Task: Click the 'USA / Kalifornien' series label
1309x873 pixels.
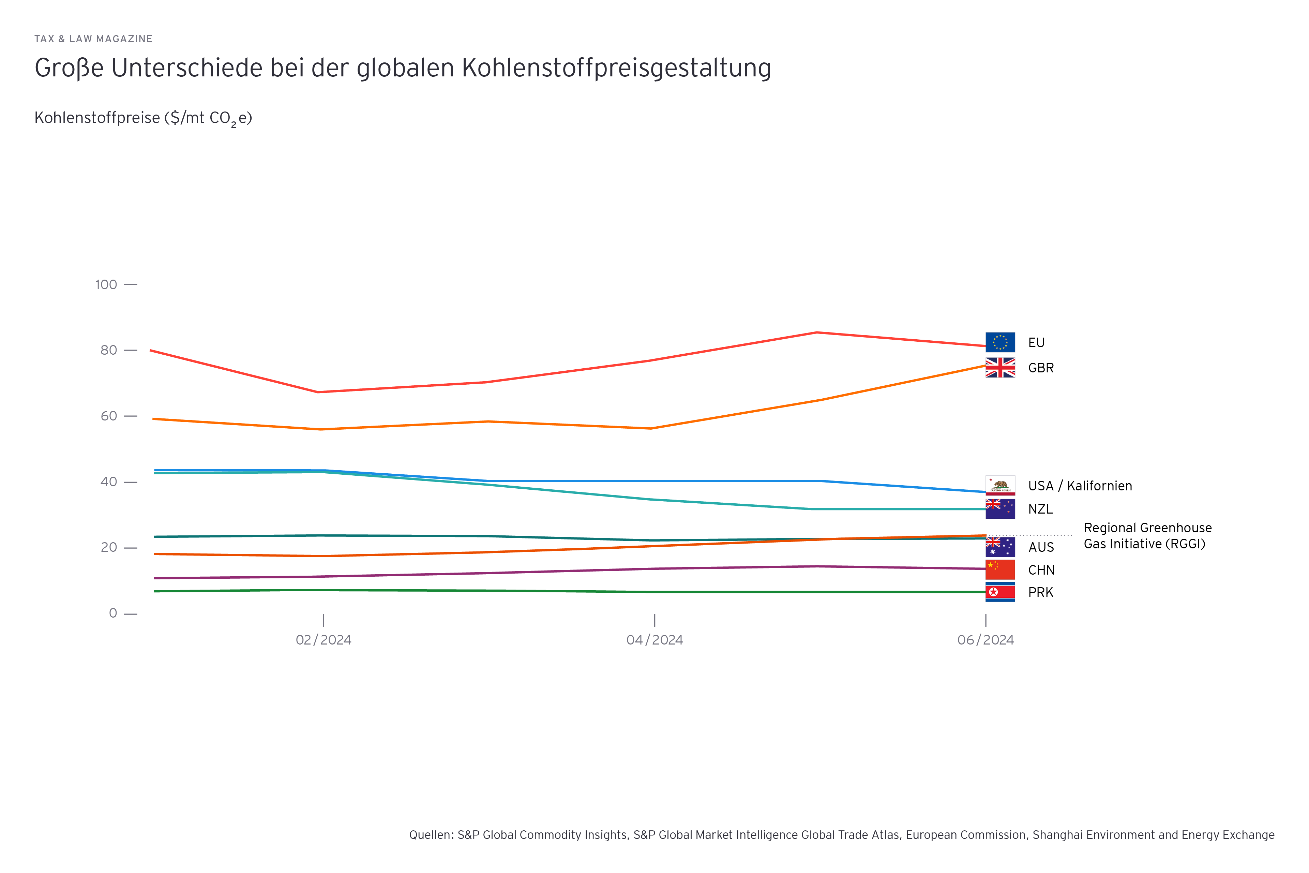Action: [1080, 486]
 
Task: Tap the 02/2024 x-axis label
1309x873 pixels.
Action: [324, 640]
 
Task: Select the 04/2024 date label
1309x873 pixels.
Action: [654, 640]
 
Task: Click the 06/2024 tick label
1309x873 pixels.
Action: [985, 640]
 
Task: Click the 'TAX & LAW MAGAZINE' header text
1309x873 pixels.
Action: [93, 39]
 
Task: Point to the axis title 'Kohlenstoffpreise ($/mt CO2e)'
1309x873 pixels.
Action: [143, 118]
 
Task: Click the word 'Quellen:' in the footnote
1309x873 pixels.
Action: [431, 834]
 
